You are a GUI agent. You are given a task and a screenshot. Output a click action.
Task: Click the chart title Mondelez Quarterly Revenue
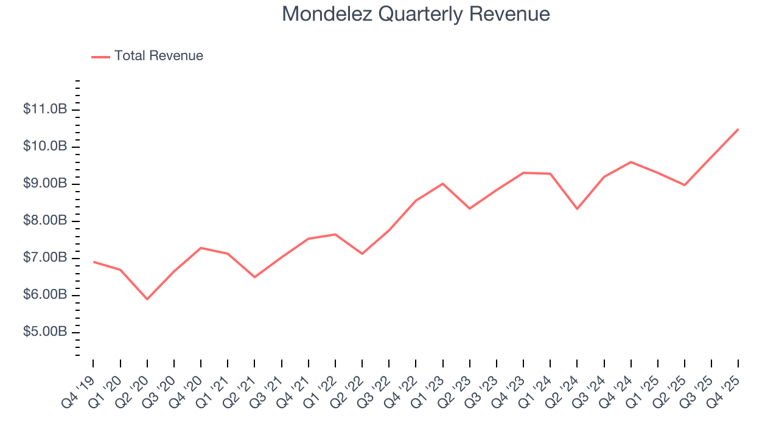point(416,14)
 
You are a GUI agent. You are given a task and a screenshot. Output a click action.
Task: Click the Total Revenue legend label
point(158,56)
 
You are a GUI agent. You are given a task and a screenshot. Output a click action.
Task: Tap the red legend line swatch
point(100,57)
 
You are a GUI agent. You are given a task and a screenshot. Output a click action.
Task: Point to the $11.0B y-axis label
point(45,109)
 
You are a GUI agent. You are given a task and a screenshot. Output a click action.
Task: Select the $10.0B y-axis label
point(45,147)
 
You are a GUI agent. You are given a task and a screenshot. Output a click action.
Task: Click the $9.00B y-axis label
point(45,184)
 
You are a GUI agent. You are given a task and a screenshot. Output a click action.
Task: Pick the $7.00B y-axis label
point(45,258)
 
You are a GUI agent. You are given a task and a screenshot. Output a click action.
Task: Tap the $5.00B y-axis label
point(45,332)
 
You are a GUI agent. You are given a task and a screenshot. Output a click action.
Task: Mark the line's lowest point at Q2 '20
point(147,299)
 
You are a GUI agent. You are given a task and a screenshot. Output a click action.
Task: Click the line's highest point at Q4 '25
point(738,129)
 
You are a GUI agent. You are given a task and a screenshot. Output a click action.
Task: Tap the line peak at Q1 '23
point(442,183)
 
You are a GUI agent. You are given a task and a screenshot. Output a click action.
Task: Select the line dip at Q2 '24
point(577,209)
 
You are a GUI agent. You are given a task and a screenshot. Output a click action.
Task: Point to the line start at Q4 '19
point(93,262)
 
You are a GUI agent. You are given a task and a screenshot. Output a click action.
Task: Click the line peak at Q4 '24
point(631,162)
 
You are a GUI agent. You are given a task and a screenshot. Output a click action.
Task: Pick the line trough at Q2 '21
point(254,277)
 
